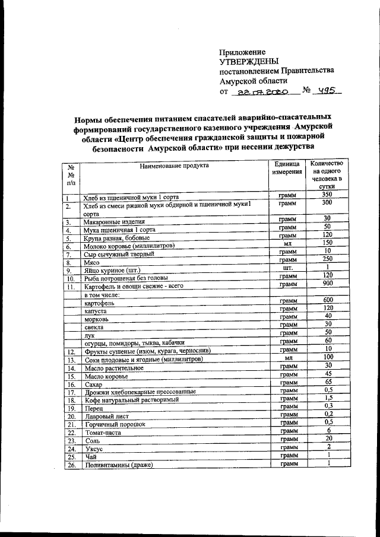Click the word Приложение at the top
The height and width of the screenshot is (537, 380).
pyautogui.click(x=242, y=52)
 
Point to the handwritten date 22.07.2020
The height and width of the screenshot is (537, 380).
pyautogui.click(x=261, y=92)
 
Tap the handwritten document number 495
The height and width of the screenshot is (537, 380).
pyautogui.click(x=325, y=91)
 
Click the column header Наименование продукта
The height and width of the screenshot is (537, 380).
pyautogui.click(x=174, y=166)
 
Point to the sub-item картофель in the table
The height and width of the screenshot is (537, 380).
pyautogui.click(x=99, y=302)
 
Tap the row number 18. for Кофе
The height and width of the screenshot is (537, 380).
pyautogui.click(x=71, y=401)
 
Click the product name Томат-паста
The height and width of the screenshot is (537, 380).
pyautogui.click(x=103, y=433)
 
